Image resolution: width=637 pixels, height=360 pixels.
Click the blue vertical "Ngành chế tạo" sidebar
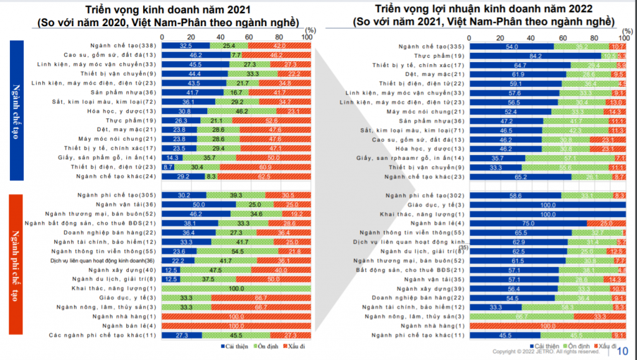[x=17, y=110]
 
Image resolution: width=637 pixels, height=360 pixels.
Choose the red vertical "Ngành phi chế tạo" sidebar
[x=17, y=264]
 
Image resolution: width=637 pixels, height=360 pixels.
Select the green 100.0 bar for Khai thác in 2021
[x=236, y=289]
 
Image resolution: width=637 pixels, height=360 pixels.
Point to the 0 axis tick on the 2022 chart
[x=470, y=37]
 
